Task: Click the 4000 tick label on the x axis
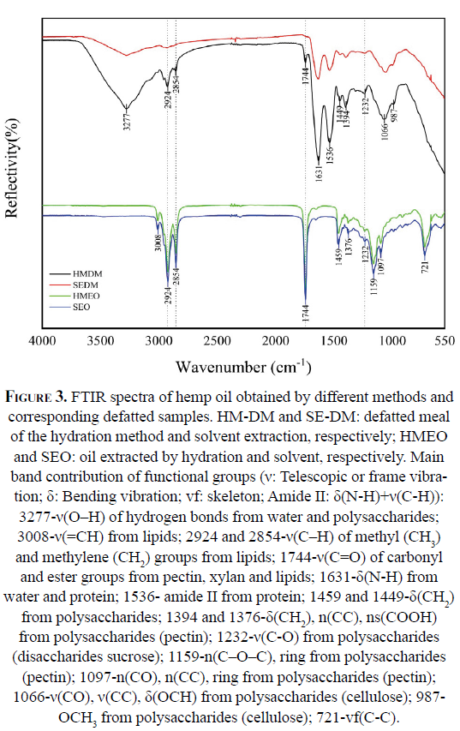tap(43, 341)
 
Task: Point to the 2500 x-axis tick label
tap(218, 341)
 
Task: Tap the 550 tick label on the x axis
tap(445, 341)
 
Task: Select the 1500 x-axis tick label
tap(334, 341)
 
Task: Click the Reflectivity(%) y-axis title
tap(11, 168)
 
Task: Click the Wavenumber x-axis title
tap(242, 367)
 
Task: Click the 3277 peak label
tap(127, 119)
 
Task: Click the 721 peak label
tap(425, 267)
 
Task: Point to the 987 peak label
tap(394, 115)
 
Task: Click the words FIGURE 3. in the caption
tap(36, 397)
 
